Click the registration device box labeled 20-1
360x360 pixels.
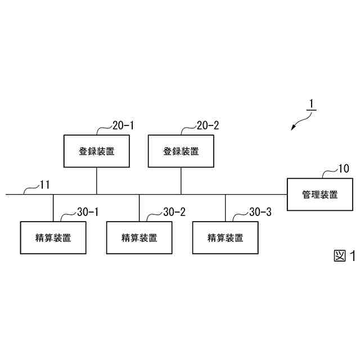tap(96, 151)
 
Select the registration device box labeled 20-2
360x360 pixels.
tap(181, 151)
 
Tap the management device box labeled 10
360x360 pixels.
tap(320, 194)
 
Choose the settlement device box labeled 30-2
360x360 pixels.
tap(139, 237)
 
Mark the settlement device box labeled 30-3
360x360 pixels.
tap(225, 237)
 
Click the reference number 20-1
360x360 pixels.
tap(123, 125)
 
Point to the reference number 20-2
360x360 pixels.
tap(208, 125)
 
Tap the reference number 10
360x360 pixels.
tap(343, 168)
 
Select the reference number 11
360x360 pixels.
tap(44, 184)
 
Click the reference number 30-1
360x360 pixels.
tap(88, 212)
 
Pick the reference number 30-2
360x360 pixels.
tap(174, 212)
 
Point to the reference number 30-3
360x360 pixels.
tap(260, 212)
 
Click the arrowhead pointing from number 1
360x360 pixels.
tap(294, 128)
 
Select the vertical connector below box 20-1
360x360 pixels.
tap(96, 181)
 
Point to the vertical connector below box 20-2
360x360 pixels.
tap(181, 181)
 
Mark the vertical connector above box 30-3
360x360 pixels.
tap(225, 208)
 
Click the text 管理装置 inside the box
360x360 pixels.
tap(320, 195)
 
